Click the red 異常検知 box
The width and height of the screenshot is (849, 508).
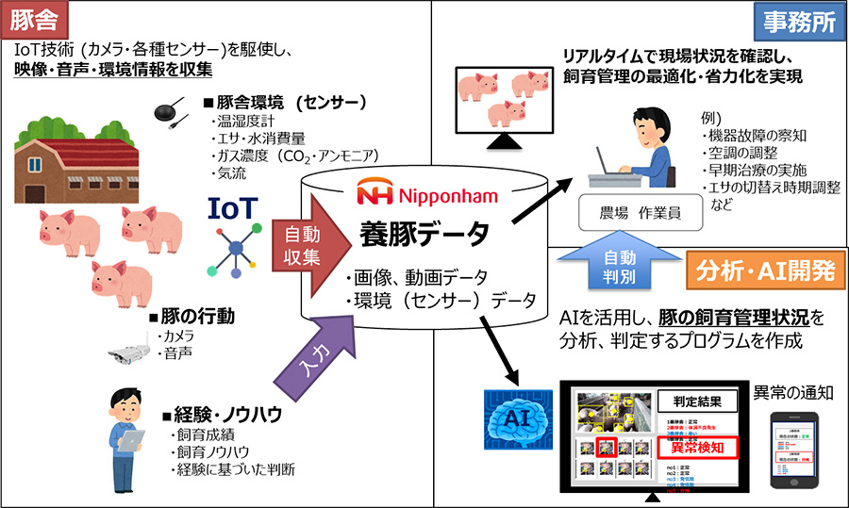(695, 447)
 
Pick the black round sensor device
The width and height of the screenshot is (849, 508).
(171, 112)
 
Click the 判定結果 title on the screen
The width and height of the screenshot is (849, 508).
(695, 399)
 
